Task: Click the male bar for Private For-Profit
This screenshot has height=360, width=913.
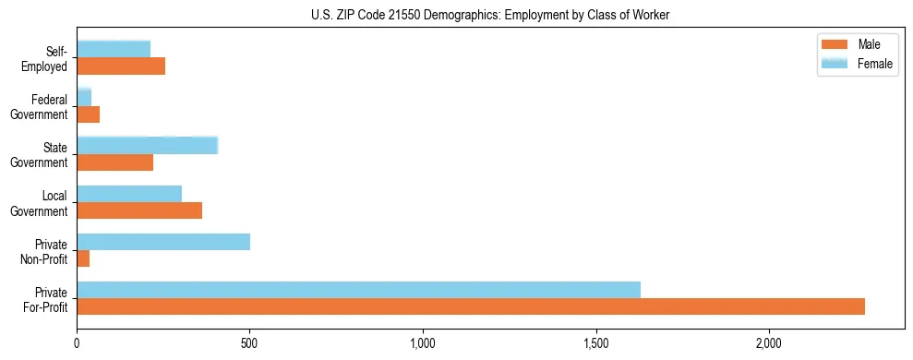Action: [471, 306]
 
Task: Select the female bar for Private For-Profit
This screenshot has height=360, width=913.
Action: [358, 290]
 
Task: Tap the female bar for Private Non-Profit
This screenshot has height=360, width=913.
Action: [163, 242]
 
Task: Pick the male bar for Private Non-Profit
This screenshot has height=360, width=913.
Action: [83, 258]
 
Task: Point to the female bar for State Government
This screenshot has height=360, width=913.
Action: [147, 146]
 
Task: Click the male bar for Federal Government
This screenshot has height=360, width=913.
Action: [88, 114]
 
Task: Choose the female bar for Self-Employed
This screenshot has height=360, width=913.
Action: [114, 50]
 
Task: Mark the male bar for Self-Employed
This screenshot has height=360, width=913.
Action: [121, 66]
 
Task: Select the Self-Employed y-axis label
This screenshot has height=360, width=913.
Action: [48, 58]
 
